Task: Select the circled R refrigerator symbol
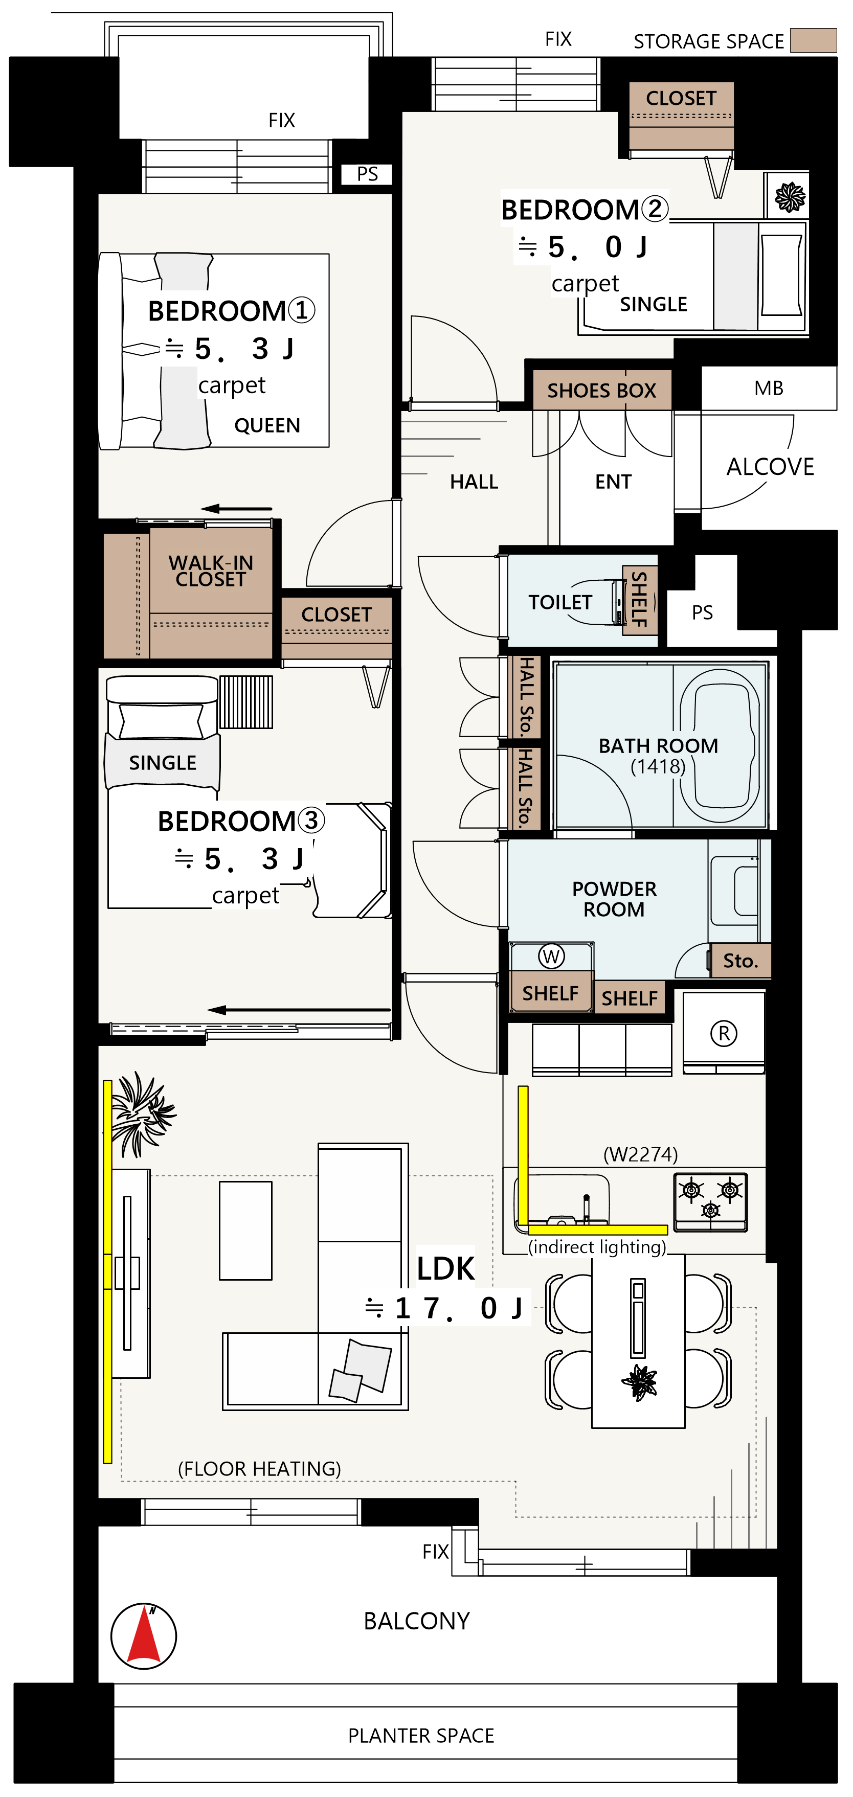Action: [724, 1033]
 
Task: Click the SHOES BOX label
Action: [602, 391]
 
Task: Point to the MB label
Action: [769, 389]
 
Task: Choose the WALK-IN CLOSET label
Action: [211, 571]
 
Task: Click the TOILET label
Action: [560, 602]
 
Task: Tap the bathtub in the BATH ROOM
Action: [720, 745]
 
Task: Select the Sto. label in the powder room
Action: [740, 961]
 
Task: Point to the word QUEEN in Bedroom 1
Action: [267, 425]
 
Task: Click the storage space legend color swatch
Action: [813, 40]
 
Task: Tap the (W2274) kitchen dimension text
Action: [641, 1154]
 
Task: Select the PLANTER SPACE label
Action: [421, 1736]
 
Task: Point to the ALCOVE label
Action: [771, 467]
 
